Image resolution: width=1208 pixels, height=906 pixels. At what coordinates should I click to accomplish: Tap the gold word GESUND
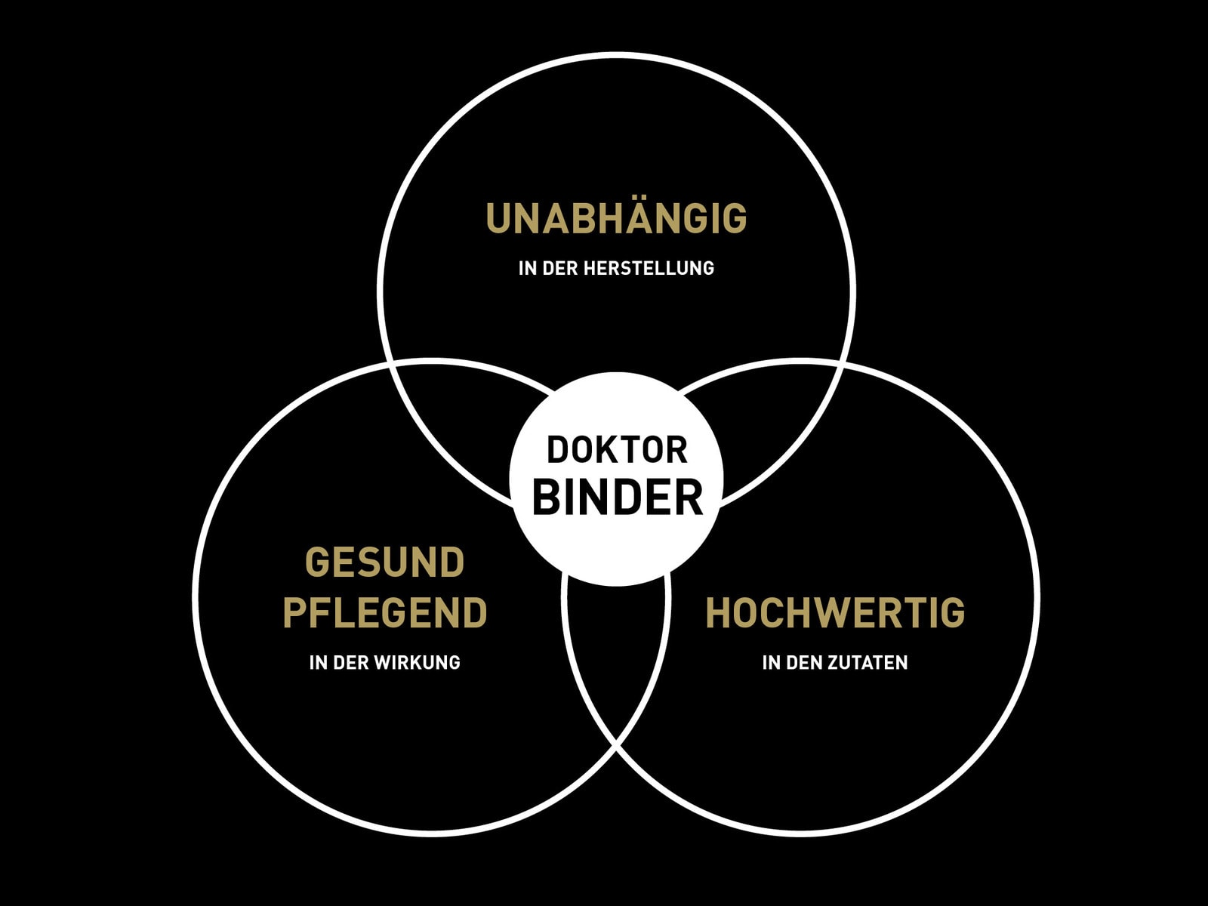point(385,562)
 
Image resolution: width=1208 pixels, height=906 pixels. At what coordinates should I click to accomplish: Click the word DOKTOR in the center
point(616,450)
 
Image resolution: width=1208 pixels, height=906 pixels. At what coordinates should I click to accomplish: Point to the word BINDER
point(617,497)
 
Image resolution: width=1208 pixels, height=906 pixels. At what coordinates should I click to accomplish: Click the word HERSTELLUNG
point(649,269)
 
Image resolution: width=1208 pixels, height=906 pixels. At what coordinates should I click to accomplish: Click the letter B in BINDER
point(546,497)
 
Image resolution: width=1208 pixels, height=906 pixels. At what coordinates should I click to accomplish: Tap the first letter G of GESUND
point(317,562)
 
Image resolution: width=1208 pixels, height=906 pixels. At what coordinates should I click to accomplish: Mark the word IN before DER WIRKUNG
point(319,662)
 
